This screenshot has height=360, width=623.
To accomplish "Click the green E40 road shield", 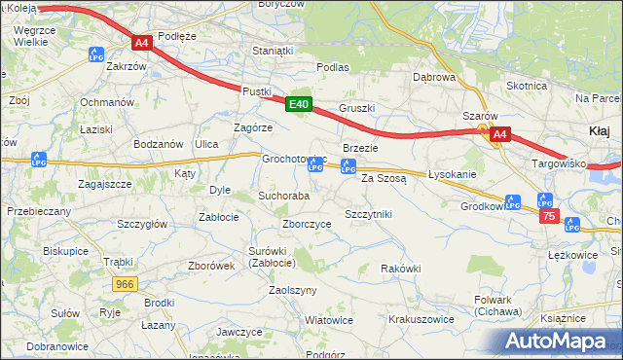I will coord(299,104).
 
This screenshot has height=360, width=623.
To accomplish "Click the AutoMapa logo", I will coord(558,341).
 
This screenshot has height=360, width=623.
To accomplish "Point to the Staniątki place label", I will coord(272,50).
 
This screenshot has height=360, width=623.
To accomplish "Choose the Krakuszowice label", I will coord(421,318).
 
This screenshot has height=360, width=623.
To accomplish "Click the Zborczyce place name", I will coord(307,223).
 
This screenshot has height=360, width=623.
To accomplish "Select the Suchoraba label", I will coord(283,196).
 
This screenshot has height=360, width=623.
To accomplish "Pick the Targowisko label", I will coord(558,163).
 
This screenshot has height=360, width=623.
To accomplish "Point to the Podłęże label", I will coord(176,36).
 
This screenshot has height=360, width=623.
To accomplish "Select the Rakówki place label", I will coord(400,269).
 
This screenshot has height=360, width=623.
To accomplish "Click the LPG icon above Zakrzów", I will coord(95,54).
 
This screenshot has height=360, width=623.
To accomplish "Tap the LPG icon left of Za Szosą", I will coord(348,166).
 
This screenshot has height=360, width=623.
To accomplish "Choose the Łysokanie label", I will coord(452,174).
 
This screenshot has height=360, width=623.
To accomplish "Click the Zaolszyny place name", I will coord(293,290).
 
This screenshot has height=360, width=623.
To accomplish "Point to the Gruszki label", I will coord(356,107).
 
